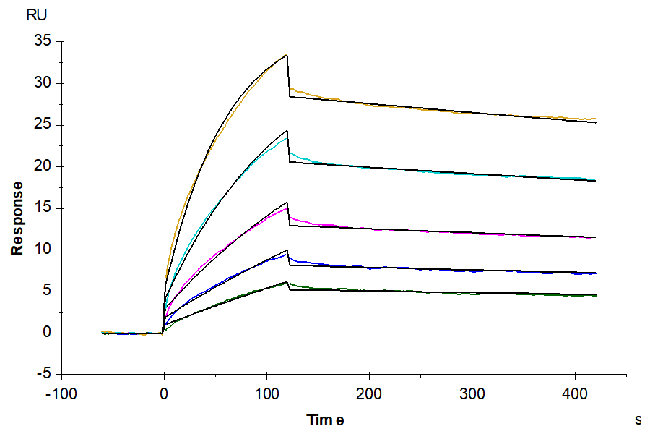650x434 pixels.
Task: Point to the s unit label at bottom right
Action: [x=638, y=419]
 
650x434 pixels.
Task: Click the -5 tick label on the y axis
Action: [x=45, y=375]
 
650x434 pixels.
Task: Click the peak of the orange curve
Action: [x=287, y=55]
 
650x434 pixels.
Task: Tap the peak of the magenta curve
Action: [x=287, y=208]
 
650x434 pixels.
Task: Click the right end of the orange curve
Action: [x=595, y=119]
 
